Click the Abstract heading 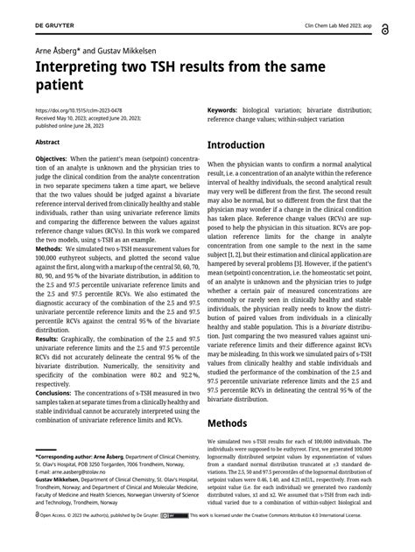tap(47, 141)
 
